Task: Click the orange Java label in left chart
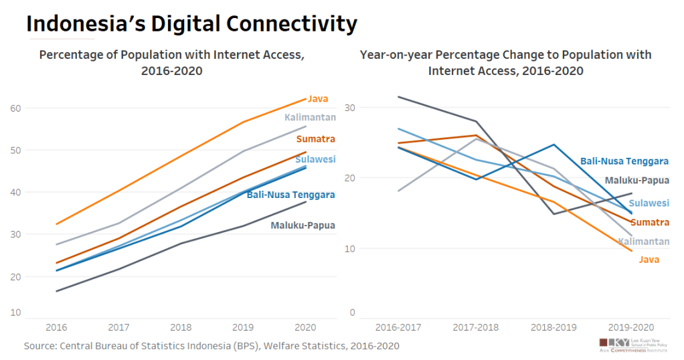coord(317,99)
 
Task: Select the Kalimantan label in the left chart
coord(310,118)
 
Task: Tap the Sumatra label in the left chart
coord(315,139)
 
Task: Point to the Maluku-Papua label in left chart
coord(303,226)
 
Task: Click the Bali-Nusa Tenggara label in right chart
coord(624,161)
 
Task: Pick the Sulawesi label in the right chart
coord(649,203)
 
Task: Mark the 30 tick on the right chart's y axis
coord(348,108)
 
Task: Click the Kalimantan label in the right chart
coord(644,241)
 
